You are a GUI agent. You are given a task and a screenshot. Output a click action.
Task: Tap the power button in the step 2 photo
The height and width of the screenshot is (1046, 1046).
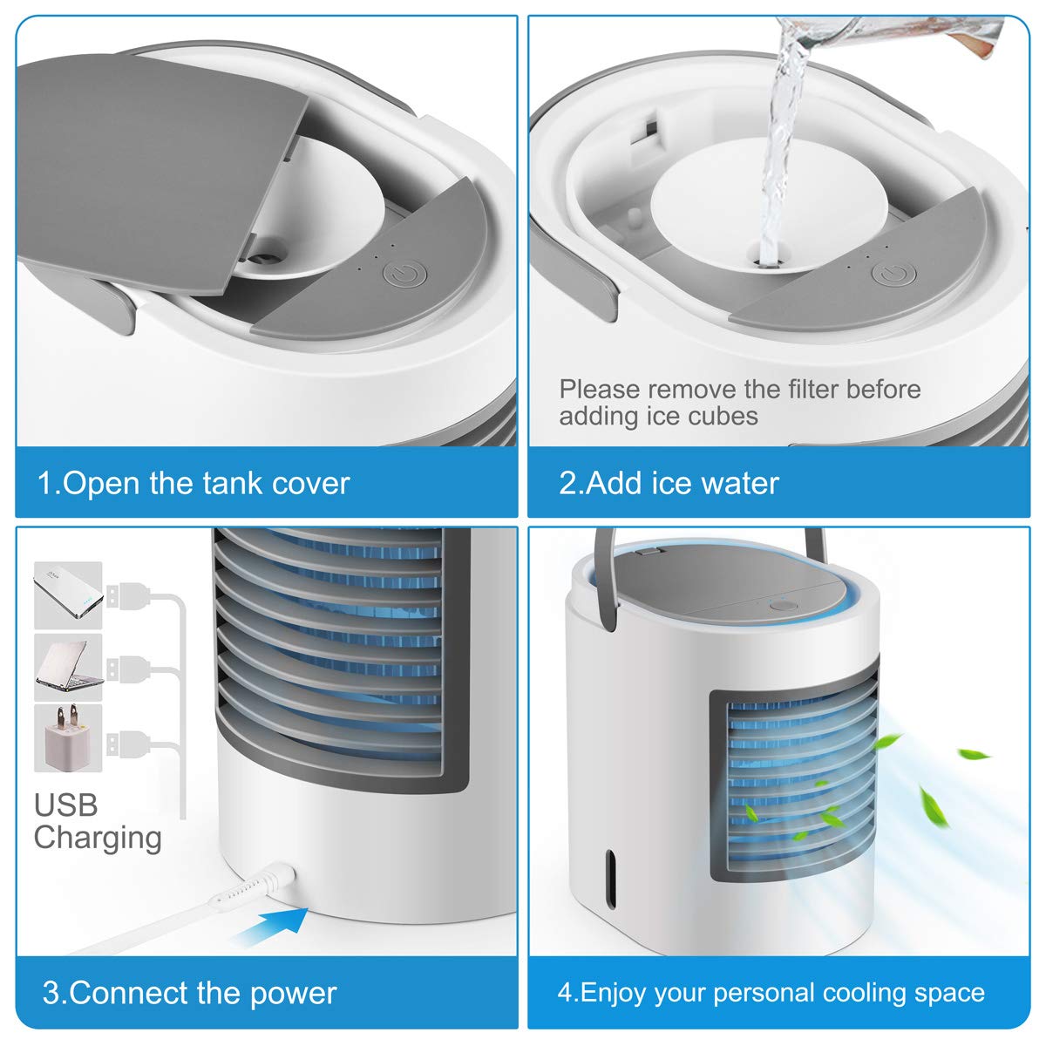[x=890, y=275]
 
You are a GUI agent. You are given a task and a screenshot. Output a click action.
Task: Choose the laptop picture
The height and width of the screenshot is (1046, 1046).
[x=68, y=667]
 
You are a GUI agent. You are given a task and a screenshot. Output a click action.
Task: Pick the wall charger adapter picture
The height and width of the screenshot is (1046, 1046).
[x=68, y=737]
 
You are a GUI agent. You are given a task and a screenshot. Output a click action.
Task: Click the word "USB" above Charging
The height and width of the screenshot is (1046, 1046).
[x=65, y=805]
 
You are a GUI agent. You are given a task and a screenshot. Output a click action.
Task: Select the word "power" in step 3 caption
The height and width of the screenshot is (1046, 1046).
[x=293, y=994]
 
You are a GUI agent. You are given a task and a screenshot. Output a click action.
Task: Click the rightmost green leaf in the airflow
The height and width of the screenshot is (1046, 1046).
[x=973, y=753]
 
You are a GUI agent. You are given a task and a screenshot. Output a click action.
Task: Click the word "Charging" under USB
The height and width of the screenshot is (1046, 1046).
[x=98, y=838]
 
